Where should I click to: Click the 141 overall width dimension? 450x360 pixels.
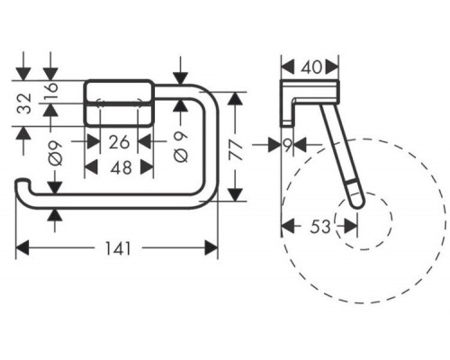tap(119, 248)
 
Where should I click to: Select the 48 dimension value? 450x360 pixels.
tap(121, 167)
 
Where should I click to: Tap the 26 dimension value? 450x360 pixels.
tap(119, 142)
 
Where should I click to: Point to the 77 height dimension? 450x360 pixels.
tap(235, 150)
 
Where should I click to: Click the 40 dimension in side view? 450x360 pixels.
tap(311, 67)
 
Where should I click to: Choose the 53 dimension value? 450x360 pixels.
tap(320, 227)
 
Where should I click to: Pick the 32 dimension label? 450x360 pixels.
tap(24, 103)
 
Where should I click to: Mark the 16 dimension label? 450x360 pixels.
tap(51, 87)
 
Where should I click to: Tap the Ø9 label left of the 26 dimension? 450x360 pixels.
tap(56, 153)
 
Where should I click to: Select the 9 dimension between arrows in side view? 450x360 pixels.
tap(287, 146)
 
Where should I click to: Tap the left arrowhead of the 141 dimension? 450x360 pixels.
tap(22, 247)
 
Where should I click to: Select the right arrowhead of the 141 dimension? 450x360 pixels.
tap(211, 247)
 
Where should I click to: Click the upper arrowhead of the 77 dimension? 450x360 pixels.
tap(235, 99)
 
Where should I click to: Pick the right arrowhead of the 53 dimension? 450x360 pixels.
tap(351, 226)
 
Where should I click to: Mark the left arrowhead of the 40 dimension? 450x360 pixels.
tap(288, 67)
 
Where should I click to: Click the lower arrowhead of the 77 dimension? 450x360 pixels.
tap(235, 194)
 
